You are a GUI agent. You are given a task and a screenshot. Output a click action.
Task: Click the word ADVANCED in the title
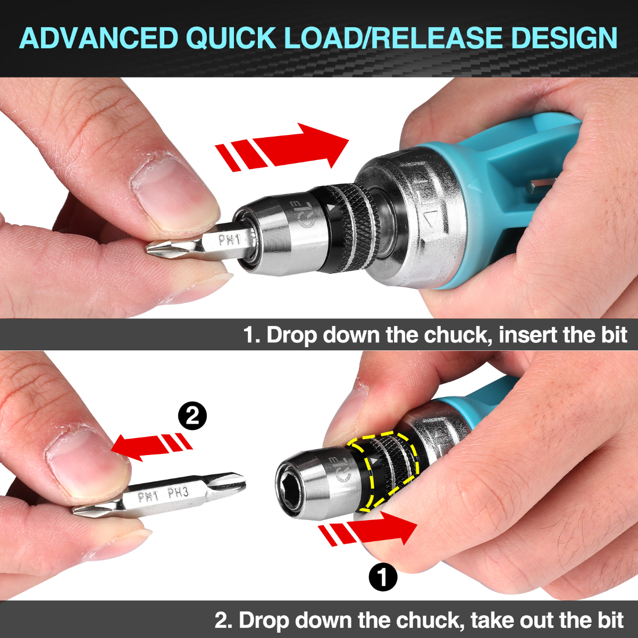pyautogui.click(x=98, y=38)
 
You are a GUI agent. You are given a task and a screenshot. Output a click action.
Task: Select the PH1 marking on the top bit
pyautogui.click(x=230, y=241)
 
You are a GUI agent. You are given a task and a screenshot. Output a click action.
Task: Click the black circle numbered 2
pyautogui.click(x=192, y=416)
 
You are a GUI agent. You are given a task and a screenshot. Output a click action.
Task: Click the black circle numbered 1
pyautogui.click(x=383, y=576)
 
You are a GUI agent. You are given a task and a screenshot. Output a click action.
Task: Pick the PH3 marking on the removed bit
pyautogui.click(x=178, y=493)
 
